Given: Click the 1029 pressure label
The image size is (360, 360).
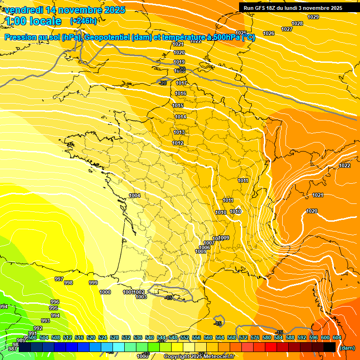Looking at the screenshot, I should tap(313, 17).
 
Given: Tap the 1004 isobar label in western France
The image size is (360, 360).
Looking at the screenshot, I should tap(135, 195).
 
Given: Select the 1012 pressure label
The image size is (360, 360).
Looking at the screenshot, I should tap(178, 143).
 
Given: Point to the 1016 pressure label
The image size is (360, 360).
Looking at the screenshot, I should tap(180, 94).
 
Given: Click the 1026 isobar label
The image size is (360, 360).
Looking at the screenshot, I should tap(269, 33).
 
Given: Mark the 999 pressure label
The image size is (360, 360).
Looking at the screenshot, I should tap(93, 283).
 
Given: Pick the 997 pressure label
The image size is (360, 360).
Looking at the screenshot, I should tap(59, 279).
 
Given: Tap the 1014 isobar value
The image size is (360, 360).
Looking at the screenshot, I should tap(180, 117).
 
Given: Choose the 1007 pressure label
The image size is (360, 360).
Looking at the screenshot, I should tap(209, 243).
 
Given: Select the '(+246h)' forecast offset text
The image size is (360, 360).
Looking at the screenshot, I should tap(83, 21).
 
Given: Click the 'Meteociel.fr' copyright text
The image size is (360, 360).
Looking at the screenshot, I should tap(216, 357).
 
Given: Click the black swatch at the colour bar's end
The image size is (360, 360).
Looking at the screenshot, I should tap(329, 347).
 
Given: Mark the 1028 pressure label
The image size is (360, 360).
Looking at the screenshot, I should tap(297, 24).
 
